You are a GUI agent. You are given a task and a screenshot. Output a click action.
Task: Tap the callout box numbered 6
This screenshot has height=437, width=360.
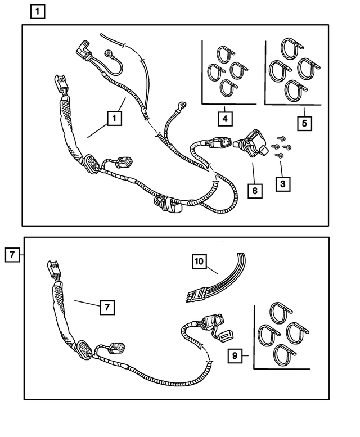[255, 191]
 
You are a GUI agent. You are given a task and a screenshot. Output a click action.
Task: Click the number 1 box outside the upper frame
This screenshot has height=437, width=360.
[37, 10]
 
